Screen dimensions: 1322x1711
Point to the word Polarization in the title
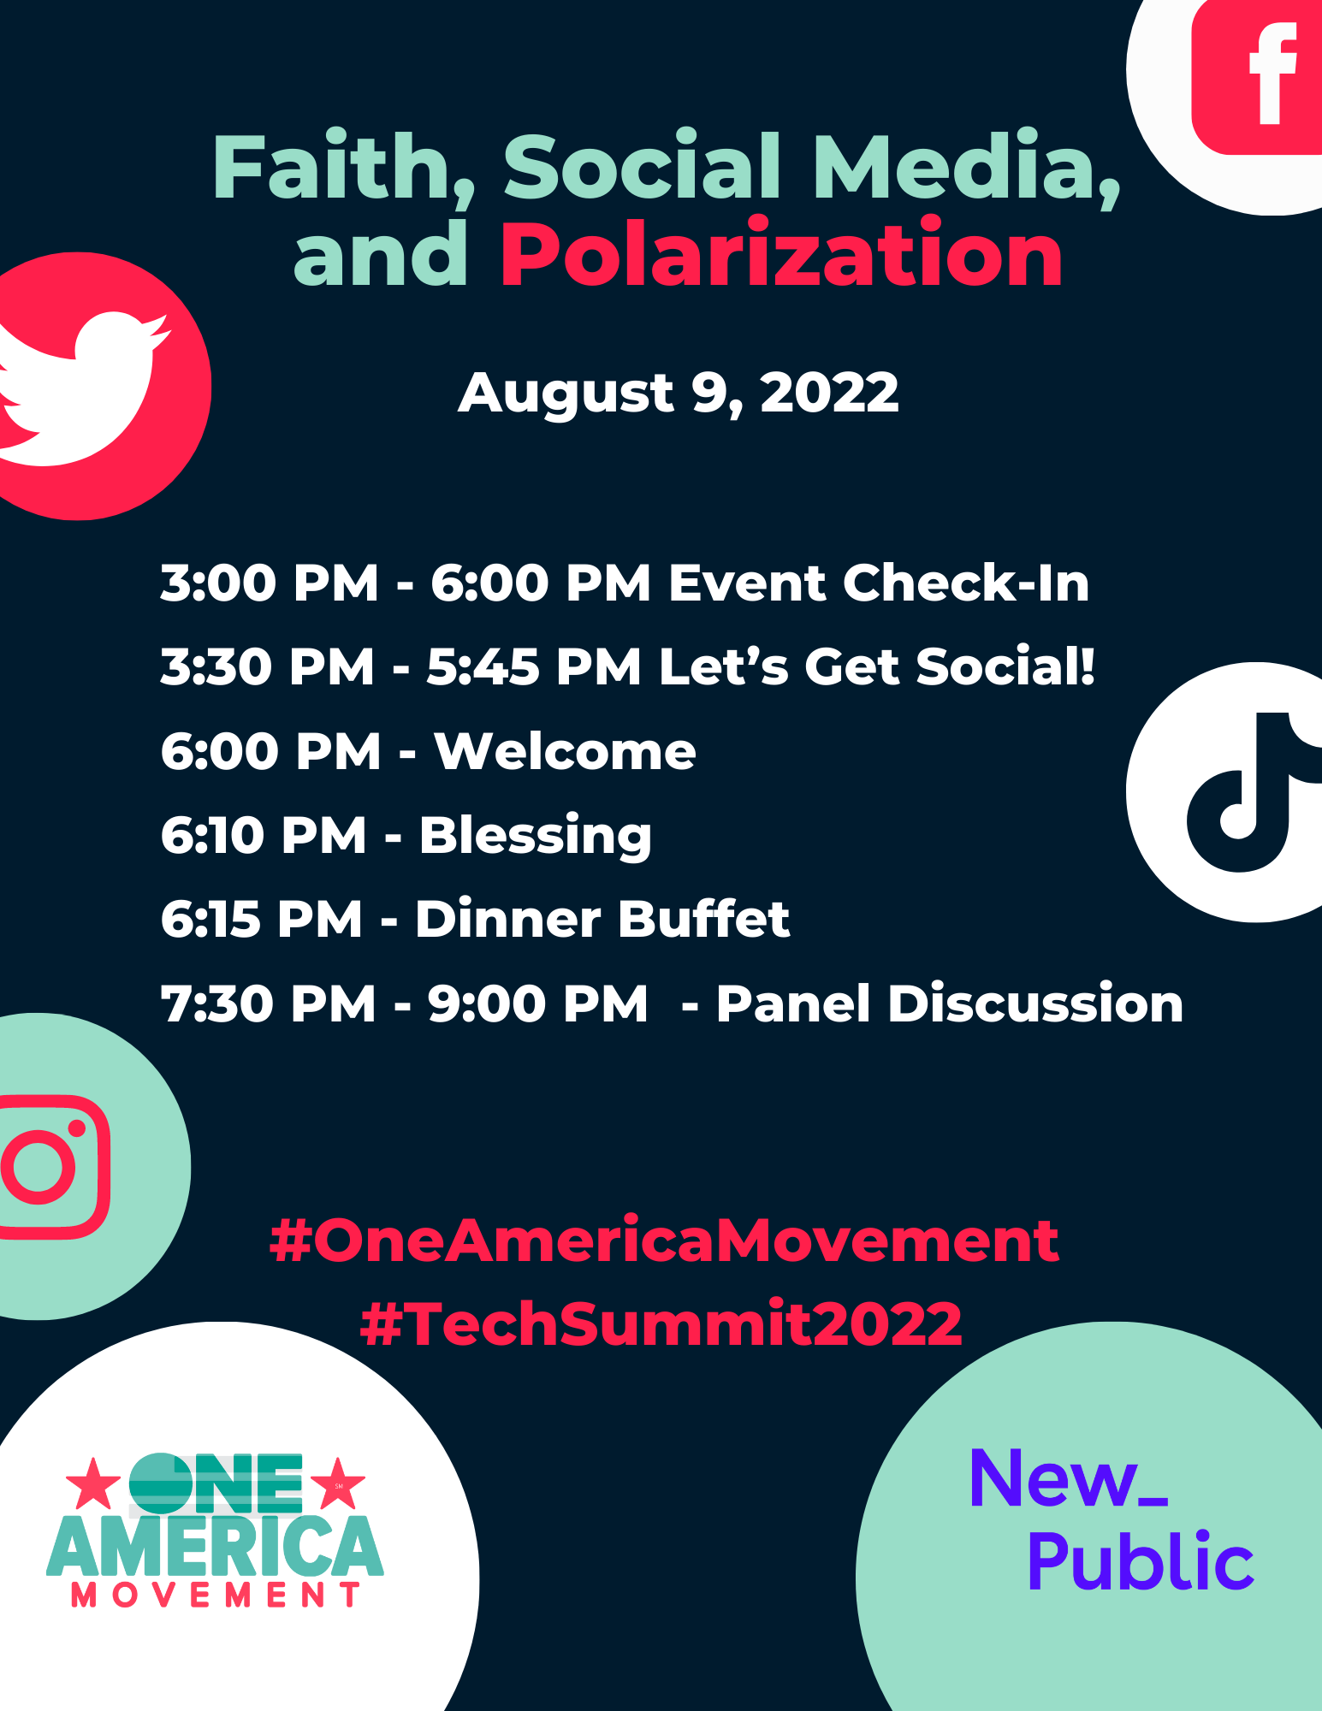pos(781,255)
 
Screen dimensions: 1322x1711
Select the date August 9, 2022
pos(679,394)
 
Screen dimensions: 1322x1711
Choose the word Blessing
pos(536,836)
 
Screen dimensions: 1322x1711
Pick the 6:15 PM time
pos(262,919)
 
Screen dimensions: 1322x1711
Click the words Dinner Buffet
pos(602,919)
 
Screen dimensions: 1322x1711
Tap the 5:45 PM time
pos(534,666)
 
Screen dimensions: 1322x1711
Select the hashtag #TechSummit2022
pos(661,1323)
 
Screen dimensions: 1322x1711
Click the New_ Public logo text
pos(1112,1520)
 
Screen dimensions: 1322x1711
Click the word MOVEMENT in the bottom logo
pos(215,1595)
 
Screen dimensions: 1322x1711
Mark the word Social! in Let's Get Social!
pos(1006,666)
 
